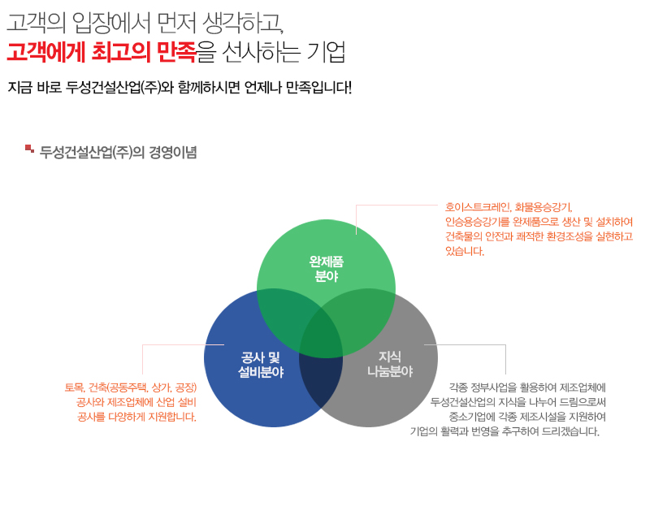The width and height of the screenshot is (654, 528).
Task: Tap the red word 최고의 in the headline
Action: tap(120, 52)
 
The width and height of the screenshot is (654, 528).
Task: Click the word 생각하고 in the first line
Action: tap(243, 23)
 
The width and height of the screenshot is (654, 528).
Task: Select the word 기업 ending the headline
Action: tap(326, 52)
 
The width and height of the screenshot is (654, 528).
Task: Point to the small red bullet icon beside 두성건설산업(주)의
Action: tap(29, 149)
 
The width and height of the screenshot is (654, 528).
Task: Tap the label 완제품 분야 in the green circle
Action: tap(326, 269)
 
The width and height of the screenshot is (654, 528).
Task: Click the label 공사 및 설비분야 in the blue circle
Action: tap(261, 365)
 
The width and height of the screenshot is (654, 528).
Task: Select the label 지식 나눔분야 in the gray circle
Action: tap(390, 364)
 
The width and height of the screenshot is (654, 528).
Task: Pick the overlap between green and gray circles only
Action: tap(364, 317)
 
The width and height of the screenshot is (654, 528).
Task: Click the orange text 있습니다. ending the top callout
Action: tap(465, 251)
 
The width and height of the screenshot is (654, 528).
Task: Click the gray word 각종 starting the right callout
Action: tap(458, 387)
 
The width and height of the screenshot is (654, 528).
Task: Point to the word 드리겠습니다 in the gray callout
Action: tap(570, 431)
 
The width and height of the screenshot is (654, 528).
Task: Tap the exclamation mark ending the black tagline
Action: tap(349, 88)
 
